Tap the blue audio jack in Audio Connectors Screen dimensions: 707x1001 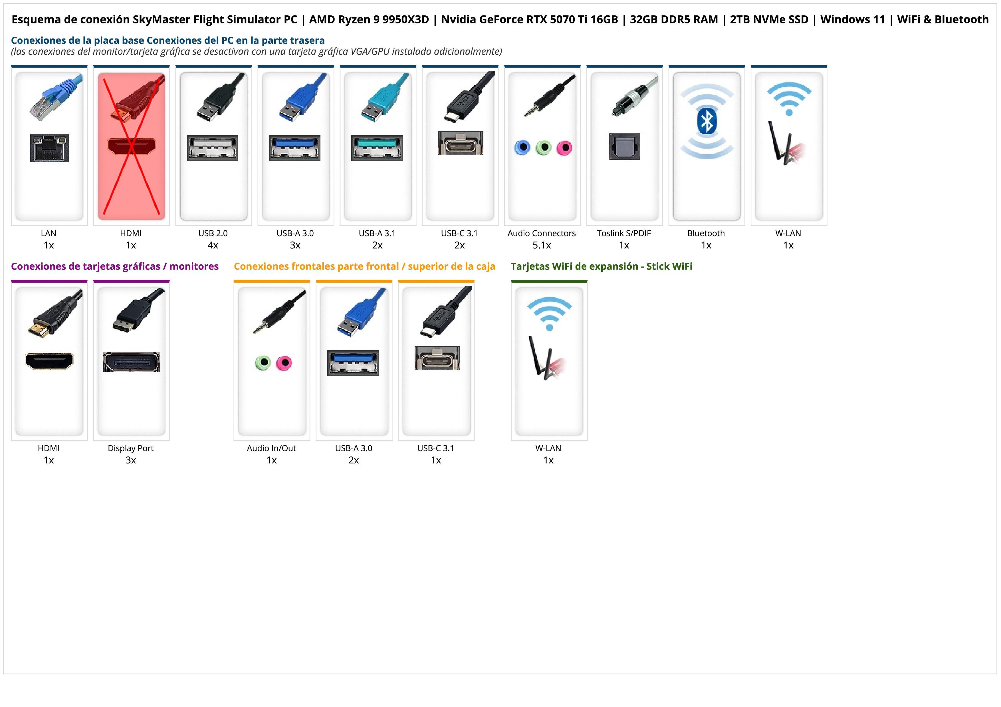522,148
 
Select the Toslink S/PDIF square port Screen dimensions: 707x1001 624,147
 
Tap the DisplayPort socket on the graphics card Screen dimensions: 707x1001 132,362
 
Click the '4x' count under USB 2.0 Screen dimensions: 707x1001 213,245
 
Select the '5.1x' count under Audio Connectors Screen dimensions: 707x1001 542,245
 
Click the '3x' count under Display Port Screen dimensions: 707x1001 131,460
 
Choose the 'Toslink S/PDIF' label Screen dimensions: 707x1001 623,233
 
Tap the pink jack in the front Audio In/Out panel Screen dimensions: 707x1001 284,362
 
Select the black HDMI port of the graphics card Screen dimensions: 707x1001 49,361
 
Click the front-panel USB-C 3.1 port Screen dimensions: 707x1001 437,358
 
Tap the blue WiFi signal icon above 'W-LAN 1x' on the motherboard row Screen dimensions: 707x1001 789,98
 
